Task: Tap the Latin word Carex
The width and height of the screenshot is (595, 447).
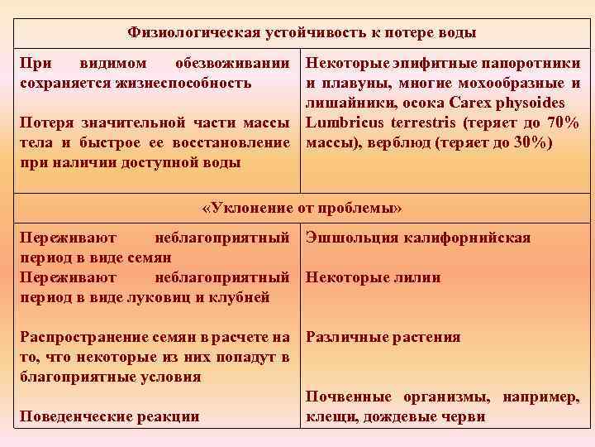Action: tap(470, 103)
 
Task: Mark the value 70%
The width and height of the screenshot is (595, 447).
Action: tap(562, 123)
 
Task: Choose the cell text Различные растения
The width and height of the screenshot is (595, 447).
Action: tap(383, 338)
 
